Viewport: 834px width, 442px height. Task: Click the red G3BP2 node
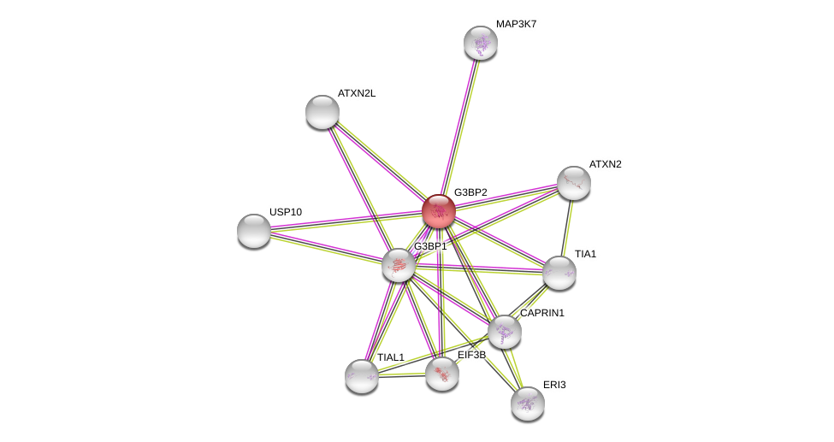[x=439, y=211]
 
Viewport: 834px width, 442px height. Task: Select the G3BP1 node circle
[x=399, y=265]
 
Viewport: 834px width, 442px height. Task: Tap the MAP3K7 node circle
[x=481, y=43]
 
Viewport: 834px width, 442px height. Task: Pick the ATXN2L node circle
[x=322, y=112]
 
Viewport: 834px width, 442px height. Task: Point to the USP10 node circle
[x=254, y=231]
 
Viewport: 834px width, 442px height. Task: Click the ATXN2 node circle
[x=574, y=183]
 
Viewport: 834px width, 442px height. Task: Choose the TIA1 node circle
[x=559, y=273]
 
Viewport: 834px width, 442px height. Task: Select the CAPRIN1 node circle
[x=505, y=332]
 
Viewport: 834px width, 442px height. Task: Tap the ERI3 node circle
[x=528, y=404]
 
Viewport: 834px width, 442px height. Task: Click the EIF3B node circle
[x=442, y=374]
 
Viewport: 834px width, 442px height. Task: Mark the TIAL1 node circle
[x=362, y=376]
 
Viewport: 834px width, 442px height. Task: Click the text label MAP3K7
[x=516, y=24]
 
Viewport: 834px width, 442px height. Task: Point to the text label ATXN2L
[x=356, y=93]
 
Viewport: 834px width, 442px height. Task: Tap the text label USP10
[x=286, y=212]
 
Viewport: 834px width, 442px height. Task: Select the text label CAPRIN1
[x=542, y=313]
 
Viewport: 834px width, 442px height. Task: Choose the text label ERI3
[x=554, y=385]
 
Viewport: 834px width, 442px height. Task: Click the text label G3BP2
[x=470, y=192]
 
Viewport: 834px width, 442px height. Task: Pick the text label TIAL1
[x=391, y=357]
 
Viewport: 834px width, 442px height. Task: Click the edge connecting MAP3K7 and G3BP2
[x=460, y=126]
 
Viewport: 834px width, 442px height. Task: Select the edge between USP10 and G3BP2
[x=346, y=221]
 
